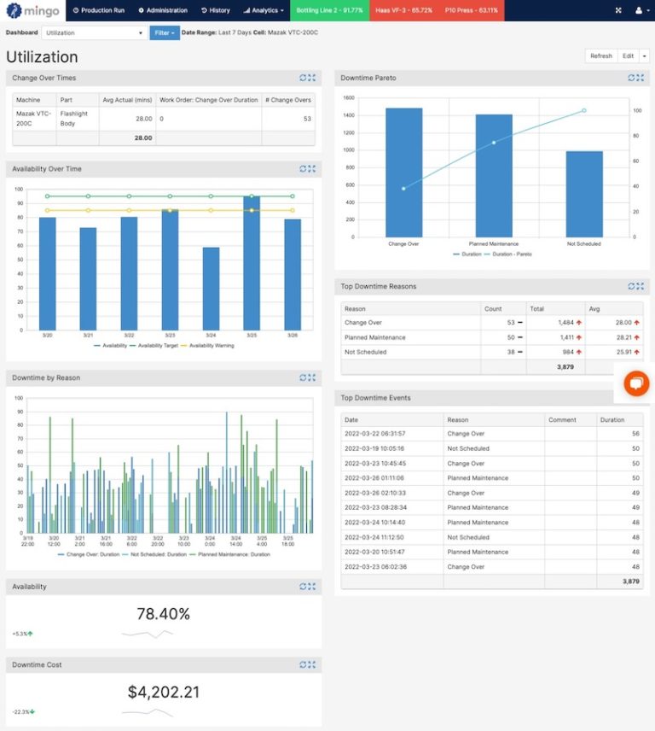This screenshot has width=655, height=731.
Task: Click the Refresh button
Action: point(601,56)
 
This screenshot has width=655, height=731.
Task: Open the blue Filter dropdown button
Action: point(165,32)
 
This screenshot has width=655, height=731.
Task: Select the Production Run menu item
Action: point(99,10)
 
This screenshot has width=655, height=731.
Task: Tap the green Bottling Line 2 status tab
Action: point(329,10)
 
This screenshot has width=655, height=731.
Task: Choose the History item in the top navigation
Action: point(216,10)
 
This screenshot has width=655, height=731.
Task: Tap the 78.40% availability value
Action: point(163,614)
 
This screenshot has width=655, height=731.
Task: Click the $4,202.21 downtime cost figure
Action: point(163,693)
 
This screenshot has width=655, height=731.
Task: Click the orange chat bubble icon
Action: point(635,384)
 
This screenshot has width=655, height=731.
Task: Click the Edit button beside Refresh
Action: point(628,56)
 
